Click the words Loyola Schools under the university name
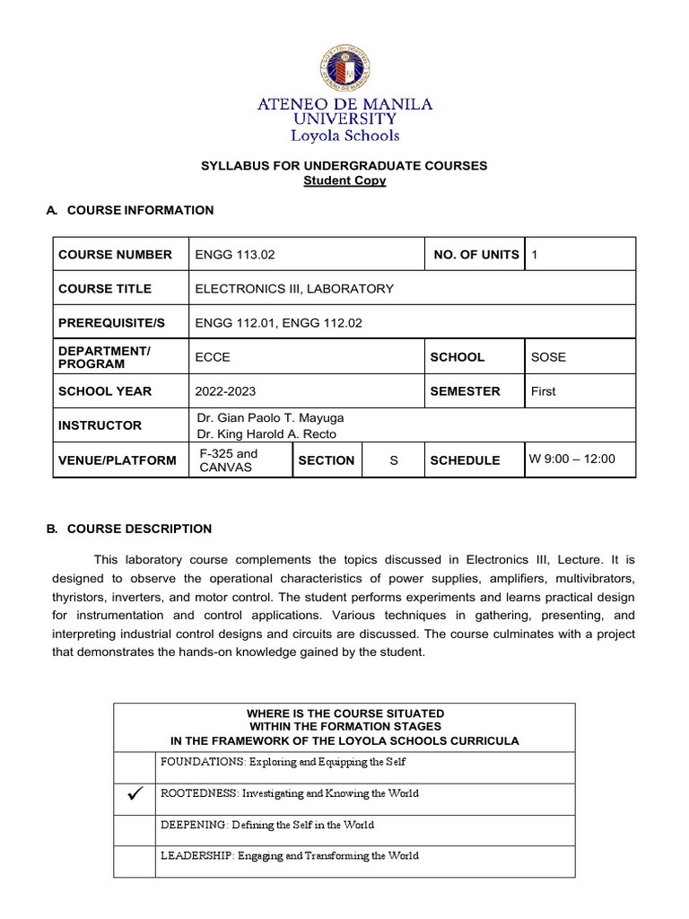[x=344, y=136]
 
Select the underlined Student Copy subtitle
[x=344, y=180]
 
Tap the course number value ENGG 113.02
[x=235, y=255]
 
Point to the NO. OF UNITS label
[x=475, y=255]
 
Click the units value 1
[x=535, y=255]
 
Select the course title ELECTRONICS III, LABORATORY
[x=294, y=289]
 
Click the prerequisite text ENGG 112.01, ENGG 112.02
[x=279, y=323]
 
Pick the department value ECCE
[x=213, y=357]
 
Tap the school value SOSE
[x=548, y=357]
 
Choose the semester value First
[x=544, y=391]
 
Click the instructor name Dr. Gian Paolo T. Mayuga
[x=270, y=418]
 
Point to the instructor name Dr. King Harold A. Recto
[x=266, y=434]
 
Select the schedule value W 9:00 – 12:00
[x=572, y=459]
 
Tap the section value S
[x=393, y=460]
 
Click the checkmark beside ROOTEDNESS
[x=136, y=794]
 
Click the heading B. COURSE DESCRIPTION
[x=129, y=529]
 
